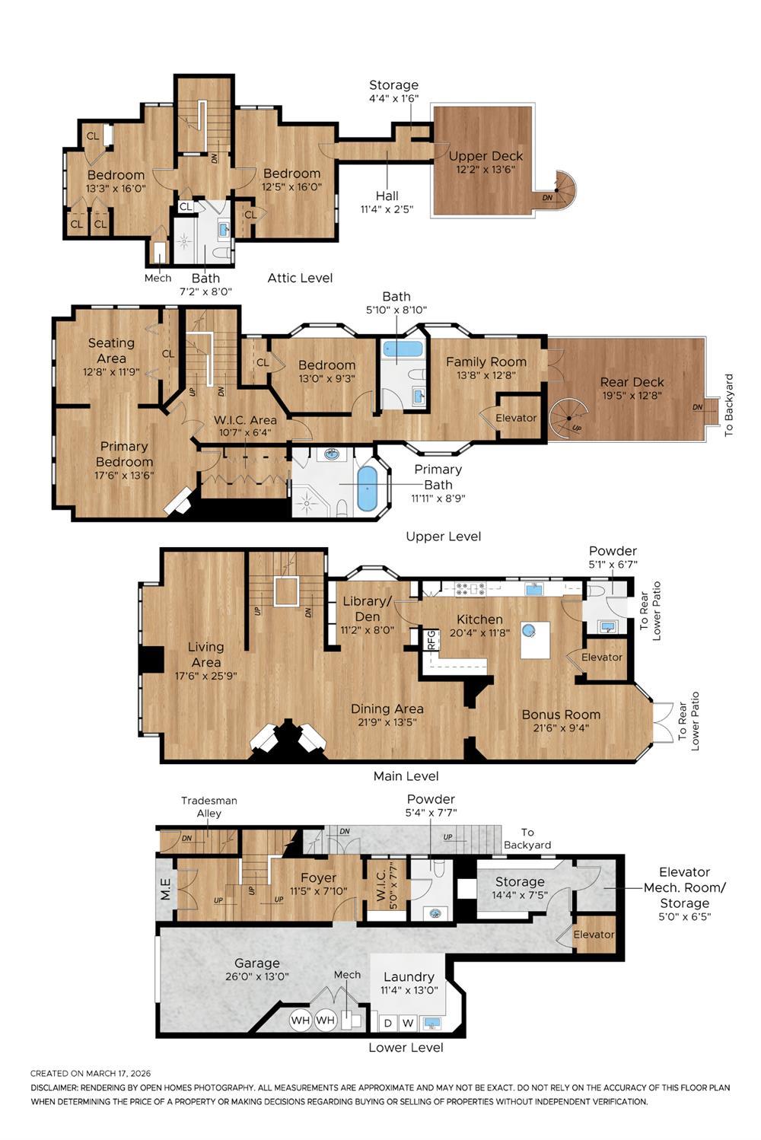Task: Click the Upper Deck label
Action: pyautogui.click(x=486, y=157)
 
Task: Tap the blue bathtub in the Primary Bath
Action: pyautogui.click(x=367, y=488)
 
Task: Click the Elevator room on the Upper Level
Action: pyautogui.click(x=516, y=418)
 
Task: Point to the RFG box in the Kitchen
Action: pyautogui.click(x=431, y=639)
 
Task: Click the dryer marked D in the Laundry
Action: pyautogui.click(x=387, y=1023)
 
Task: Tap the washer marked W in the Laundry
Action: pyautogui.click(x=408, y=1023)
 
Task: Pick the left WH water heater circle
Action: pyautogui.click(x=301, y=1020)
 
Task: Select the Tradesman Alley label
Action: pyautogui.click(x=209, y=807)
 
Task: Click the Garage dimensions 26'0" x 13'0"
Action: pyautogui.click(x=256, y=976)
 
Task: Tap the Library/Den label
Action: pyautogui.click(x=367, y=609)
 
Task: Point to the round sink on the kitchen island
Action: pyautogui.click(x=528, y=629)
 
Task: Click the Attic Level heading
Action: pyautogui.click(x=300, y=278)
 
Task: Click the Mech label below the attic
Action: pyautogui.click(x=158, y=278)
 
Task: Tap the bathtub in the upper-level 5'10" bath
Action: pyautogui.click(x=401, y=349)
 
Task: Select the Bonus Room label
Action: pyautogui.click(x=561, y=715)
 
